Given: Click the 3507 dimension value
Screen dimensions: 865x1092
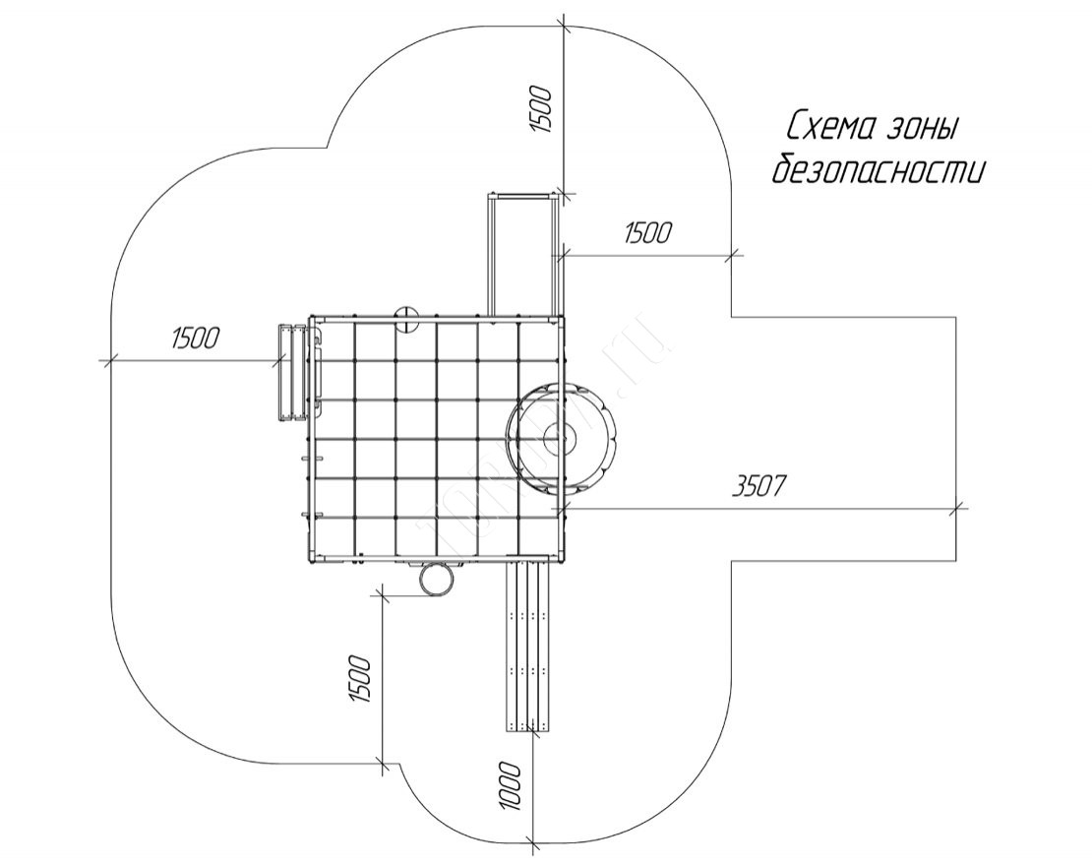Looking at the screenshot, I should pos(761,486).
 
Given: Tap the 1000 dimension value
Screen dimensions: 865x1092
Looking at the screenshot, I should pos(510,784).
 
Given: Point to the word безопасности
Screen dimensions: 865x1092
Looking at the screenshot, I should pos(878,170).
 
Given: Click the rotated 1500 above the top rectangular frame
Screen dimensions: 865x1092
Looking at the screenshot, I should pos(542,108).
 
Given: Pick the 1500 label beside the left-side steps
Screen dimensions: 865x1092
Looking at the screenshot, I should pos(195,338).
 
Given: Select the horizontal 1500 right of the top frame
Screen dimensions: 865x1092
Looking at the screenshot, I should pos(647,233).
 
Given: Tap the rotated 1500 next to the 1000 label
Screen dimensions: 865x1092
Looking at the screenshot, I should pos(360,679).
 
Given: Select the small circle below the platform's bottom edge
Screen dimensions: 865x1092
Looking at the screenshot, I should pos(436,578).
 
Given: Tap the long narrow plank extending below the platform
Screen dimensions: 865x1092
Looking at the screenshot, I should pos(531,646).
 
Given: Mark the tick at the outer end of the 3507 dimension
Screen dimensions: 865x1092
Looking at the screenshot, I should pos(958,508).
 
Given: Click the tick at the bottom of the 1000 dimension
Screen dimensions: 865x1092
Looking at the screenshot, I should pos(531,842).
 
